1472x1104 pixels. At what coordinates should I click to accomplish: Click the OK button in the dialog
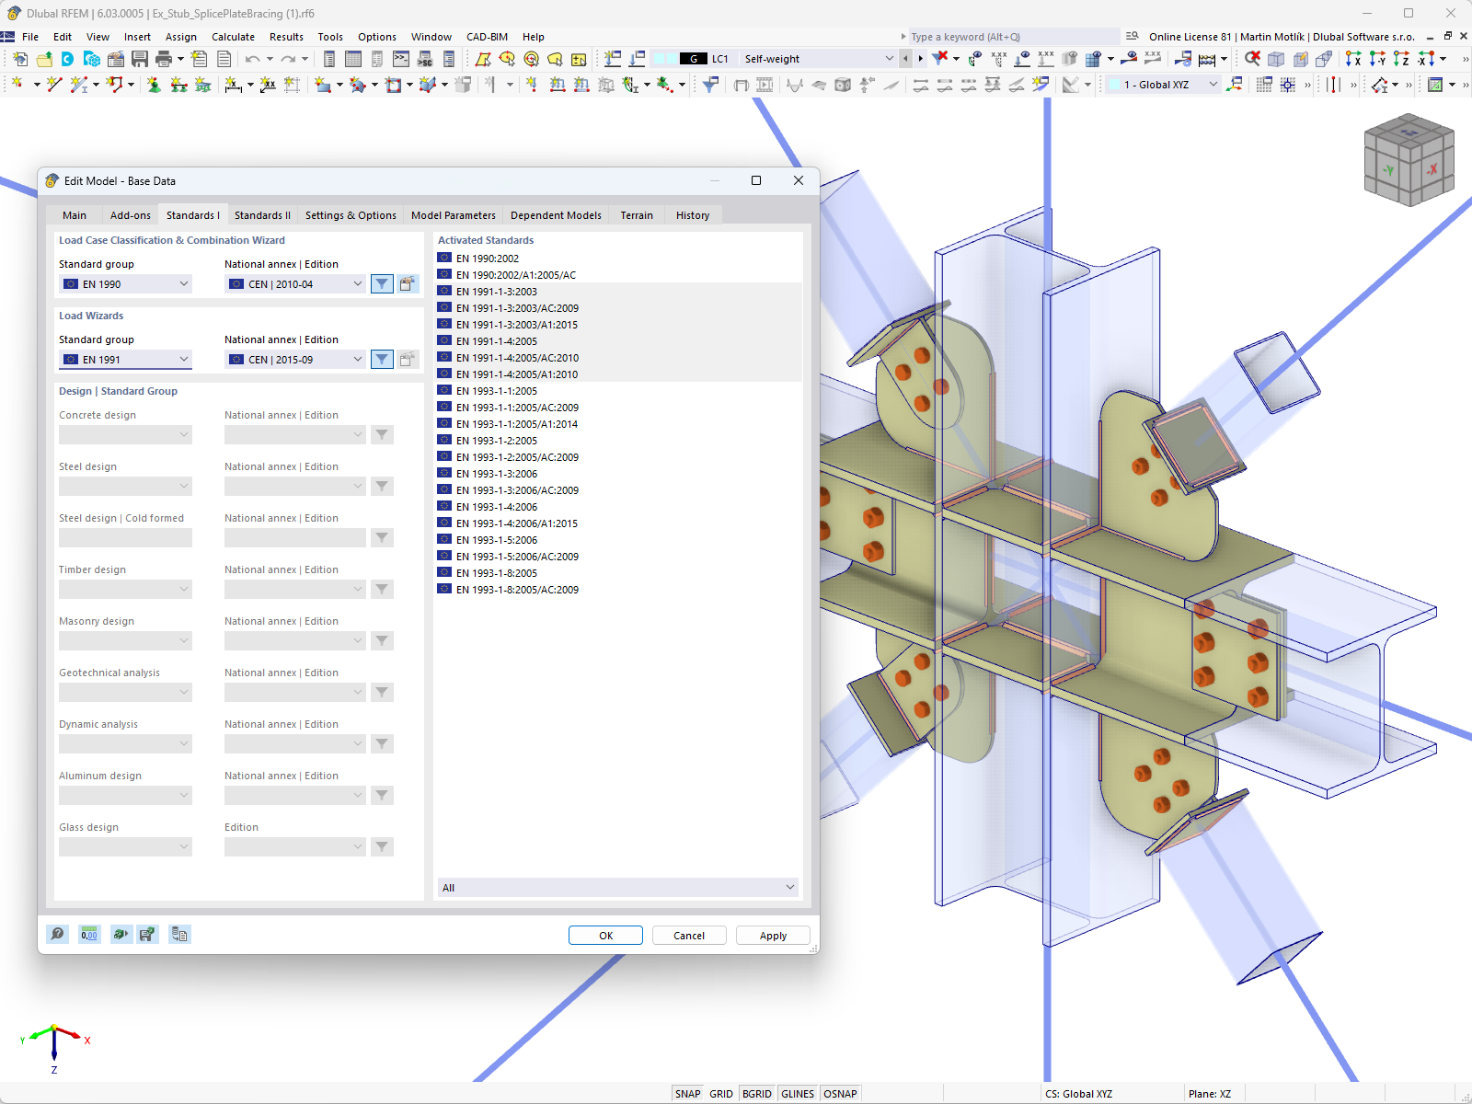tap(604, 935)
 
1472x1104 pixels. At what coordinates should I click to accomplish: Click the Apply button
tap(773, 935)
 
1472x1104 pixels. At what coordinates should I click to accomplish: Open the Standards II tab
tap(262, 215)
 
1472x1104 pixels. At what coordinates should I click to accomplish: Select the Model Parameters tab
tap(454, 215)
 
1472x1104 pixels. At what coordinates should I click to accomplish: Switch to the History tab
tap(692, 215)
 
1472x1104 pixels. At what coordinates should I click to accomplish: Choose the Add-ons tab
tap(130, 215)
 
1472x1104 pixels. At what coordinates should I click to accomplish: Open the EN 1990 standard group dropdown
tap(125, 284)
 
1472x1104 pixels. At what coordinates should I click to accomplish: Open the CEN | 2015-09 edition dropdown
tap(295, 360)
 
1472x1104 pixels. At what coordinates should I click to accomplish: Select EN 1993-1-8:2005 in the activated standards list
tap(497, 573)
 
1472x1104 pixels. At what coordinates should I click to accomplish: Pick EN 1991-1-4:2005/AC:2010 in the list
tap(517, 358)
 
